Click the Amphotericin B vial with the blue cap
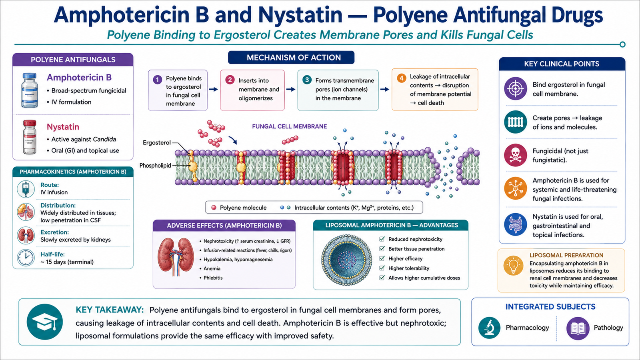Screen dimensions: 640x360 click(30, 90)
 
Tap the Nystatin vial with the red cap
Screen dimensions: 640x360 click(30, 137)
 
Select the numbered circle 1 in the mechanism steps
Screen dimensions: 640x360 click(158, 80)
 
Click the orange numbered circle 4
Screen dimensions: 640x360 click(402, 78)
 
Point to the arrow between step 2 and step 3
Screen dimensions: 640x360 click(291, 90)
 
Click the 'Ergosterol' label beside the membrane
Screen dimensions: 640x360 click(156, 142)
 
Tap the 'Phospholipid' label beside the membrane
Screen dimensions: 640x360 click(155, 166)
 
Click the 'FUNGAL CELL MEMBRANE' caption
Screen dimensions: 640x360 click(290, 126)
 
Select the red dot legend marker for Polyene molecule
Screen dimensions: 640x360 click(214, 208)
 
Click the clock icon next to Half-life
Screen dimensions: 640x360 click(26, 258)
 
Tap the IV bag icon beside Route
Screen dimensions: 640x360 click(26, 189)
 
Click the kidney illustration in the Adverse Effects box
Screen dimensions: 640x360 click(176, 256)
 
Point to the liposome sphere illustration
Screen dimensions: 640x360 click(346, 260)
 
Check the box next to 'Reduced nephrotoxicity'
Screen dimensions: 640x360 click(382, 239)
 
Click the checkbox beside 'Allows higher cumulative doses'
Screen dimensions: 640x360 click(382, 278)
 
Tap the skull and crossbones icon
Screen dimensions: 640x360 click(516, 155)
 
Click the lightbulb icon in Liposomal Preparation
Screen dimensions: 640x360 click(514, 266)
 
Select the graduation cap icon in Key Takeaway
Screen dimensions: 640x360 click(44, 322)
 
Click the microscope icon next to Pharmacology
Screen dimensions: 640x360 click(490, 328)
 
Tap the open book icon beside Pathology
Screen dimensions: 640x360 click(578, 328)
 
